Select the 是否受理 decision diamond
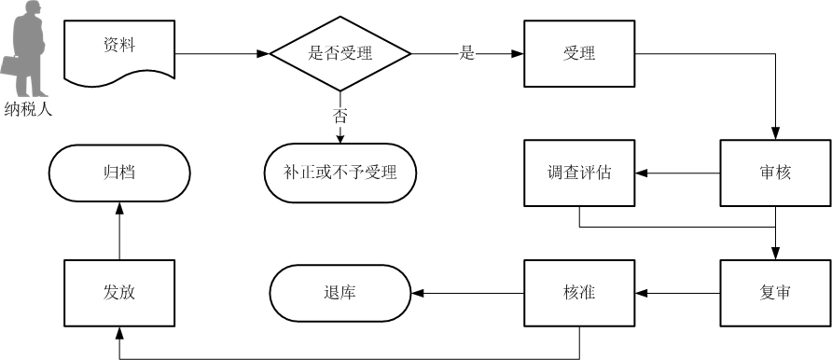click(340, 53)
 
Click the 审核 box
click(775, 173)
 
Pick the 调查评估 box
click(579, 173)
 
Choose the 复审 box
click(775, 293)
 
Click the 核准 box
click(579, 293)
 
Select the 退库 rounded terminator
click(340, 293)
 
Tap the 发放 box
click(119, 293)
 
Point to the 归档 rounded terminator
click(119, 173)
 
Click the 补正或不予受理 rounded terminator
click(340, 173)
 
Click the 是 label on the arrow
click(467, 53)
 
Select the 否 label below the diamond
click(340, 116)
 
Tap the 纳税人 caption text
click(28, 108)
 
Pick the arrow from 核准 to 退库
click(466, 293)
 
